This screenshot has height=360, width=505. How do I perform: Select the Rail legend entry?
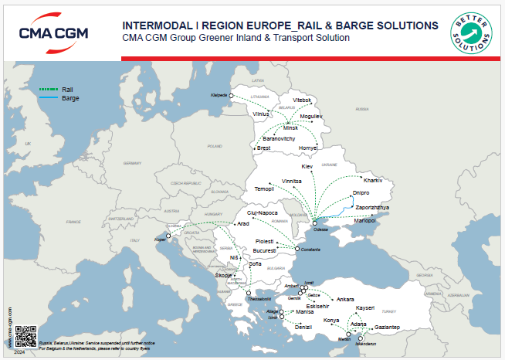click(x=66, y=90)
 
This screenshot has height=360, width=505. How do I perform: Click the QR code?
click(x=25, y=335)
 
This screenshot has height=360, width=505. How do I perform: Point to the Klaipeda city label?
click(x=220, y=94)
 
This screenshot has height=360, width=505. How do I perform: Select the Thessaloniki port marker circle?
click(x=249, y=293)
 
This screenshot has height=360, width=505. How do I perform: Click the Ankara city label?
click(x=344, y=299)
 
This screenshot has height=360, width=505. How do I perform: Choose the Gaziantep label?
click(x=382, y=328)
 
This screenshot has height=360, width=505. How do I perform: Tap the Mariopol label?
click(x=364, y=220)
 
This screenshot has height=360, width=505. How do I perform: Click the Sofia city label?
click(x=256, y=264)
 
